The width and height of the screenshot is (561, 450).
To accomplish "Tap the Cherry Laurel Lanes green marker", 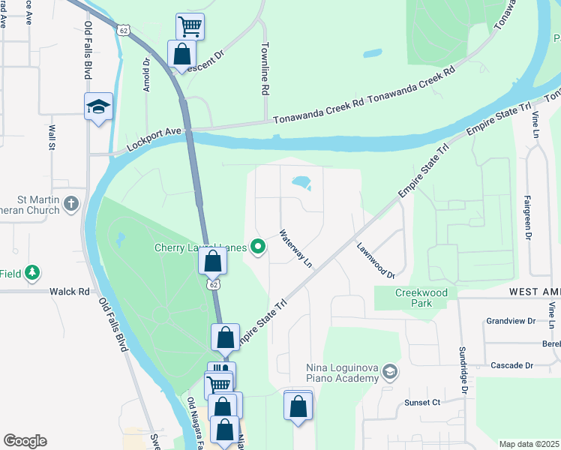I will (x=259, y=246).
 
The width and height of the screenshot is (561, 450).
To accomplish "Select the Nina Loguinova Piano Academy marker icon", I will (x=389, y=371).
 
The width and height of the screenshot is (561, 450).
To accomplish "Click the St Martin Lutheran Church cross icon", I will (x=70, y=203).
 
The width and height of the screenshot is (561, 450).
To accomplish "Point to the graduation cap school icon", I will (x=98, y=106).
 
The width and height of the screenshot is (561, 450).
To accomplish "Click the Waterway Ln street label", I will (x=295, y=249).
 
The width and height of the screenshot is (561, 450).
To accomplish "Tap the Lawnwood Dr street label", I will (x=376, y=260).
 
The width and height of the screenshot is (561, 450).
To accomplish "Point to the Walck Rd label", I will (x=70, y=291).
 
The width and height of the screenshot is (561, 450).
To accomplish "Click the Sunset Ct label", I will (x=421, y=403).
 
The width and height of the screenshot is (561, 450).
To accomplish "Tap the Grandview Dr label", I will (x=511, y=321).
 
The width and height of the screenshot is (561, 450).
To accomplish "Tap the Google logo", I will (x=25, y=441).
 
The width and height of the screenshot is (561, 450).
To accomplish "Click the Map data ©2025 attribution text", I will (x=529, y=444).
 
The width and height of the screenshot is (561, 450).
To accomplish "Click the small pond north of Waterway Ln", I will (x=301, y=182).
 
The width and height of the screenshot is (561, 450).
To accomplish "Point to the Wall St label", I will (x=52, y=138).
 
